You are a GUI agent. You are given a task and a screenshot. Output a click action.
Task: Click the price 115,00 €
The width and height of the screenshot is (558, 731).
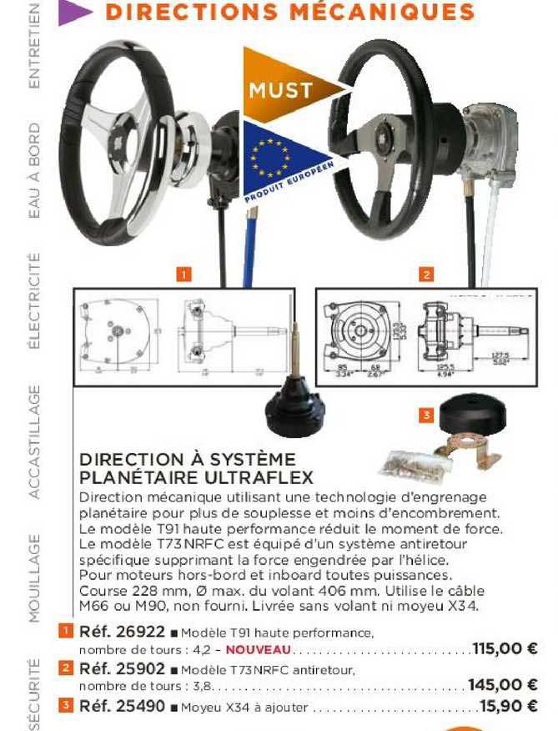pos(504,648)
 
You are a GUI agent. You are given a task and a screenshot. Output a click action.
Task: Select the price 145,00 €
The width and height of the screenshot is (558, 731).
pos(502,685)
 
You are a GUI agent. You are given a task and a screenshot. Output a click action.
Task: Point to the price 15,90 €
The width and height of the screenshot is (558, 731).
pos(508,708)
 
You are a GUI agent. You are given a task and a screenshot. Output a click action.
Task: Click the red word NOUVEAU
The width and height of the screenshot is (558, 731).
pos(259,650)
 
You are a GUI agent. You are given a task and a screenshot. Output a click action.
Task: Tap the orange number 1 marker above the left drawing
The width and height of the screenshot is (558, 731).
pos(183,273)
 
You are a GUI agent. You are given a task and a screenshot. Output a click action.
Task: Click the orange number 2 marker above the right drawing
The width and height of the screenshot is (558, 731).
pos(426,273)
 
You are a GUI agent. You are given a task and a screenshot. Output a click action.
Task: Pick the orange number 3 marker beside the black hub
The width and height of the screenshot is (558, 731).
pos(426,414)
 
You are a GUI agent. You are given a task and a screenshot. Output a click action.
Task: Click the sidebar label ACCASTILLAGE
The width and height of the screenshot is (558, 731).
pos(35,441)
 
